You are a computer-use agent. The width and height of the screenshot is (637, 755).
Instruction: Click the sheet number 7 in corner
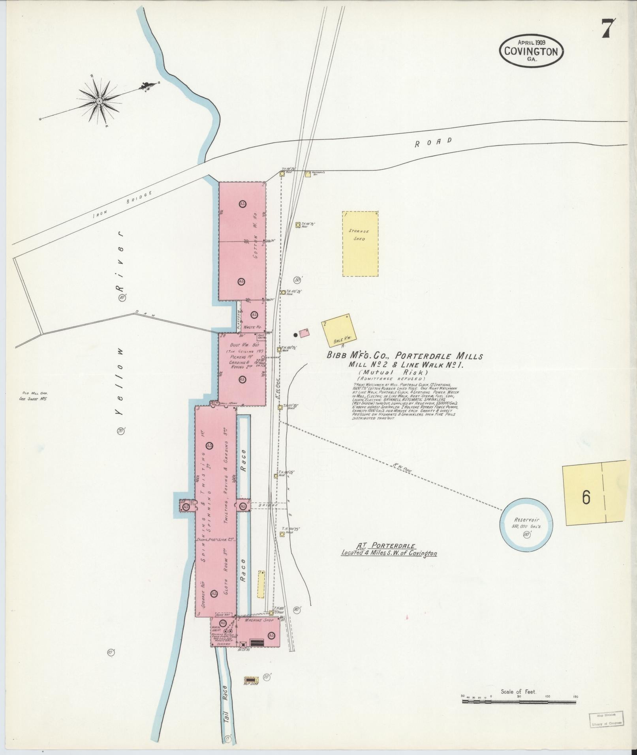(609, 28)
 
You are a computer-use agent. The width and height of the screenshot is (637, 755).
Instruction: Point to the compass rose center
(99, 101)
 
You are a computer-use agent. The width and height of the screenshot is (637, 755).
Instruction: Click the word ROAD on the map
(433, 142)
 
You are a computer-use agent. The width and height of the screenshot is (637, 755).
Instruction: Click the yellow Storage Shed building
(359, 244)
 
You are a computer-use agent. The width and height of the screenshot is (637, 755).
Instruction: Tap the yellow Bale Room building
(338, 330)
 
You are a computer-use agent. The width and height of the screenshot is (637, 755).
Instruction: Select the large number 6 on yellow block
(586, 498)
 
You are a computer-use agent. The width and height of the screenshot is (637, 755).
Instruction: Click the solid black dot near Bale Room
(295, 335)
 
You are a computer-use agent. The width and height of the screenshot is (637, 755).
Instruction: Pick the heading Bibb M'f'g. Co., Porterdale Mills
(404, 356)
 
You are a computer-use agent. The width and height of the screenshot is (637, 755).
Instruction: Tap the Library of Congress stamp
(605, 718)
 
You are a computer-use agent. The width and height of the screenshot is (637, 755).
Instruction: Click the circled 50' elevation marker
(298, 280)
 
